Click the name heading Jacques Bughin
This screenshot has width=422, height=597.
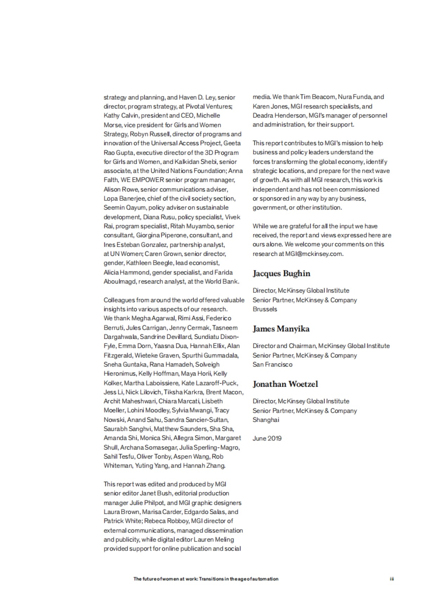pos(281,274)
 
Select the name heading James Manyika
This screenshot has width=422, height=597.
pos(281,329)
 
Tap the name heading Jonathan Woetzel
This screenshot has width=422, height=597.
pos(285,384)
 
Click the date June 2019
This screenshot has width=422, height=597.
pos(267,438)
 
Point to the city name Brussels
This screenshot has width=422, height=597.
pos(265,309)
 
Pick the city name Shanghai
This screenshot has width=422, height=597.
pos(266,419)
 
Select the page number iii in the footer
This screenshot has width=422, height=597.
pos(391,579)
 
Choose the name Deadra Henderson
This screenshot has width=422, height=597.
pos(280,115)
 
